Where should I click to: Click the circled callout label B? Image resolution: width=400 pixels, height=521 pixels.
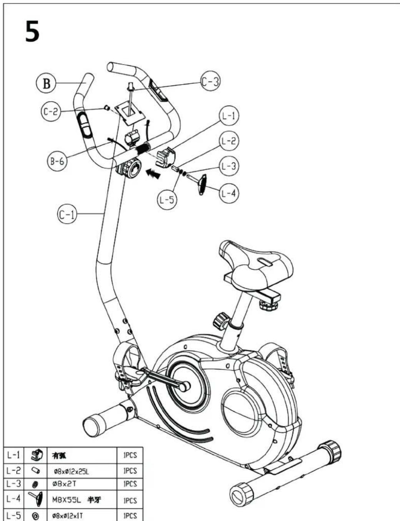[x=46, y=83]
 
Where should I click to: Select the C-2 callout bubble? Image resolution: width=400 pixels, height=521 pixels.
[x=51, y=112]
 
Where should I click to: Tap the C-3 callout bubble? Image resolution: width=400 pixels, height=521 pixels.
[x=210, y=82]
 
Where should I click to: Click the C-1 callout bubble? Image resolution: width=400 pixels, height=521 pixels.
[x=67, y=214]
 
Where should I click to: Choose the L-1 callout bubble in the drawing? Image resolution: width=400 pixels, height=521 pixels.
[x=229, y=116]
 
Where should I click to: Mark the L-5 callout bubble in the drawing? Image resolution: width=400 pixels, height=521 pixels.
[x=167, y=200]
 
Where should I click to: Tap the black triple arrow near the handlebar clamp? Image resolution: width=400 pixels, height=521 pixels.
[x=153, y=174]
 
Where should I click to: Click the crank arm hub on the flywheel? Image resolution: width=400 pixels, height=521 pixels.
[x=184, y=386]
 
